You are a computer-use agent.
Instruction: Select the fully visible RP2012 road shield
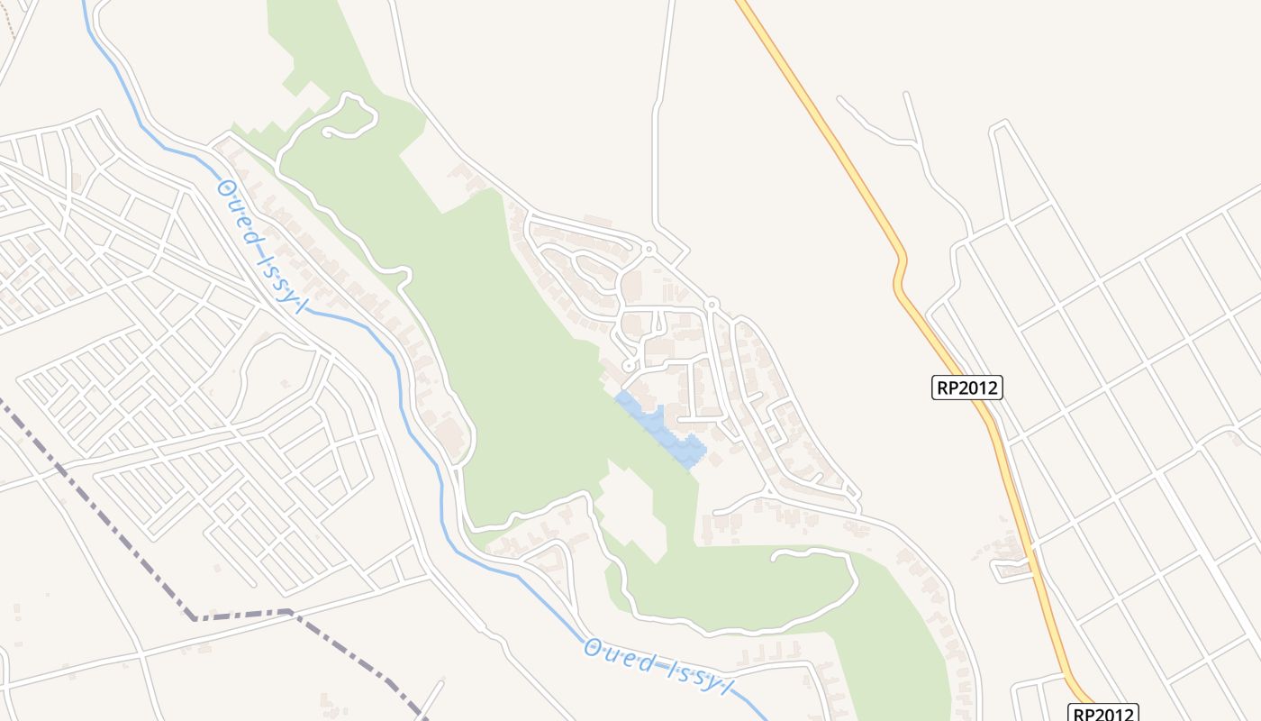[966, 388]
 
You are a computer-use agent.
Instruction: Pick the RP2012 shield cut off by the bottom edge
[1103, 712]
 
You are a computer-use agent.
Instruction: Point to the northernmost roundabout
[649, 248]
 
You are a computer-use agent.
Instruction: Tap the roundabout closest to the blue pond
[628, 366]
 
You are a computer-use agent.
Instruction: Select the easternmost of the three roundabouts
[711, 305]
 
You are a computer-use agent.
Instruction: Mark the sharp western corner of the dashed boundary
[195, 618]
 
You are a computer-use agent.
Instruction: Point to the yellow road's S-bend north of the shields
[900, 275]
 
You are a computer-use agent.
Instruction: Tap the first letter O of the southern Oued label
[591, 647]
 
